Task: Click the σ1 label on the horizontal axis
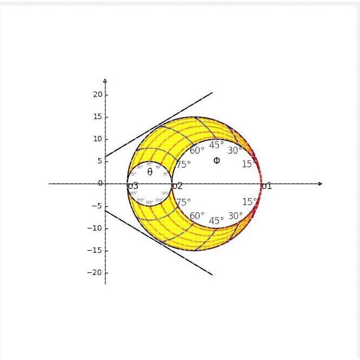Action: pyautogui.click(x=266, y=186)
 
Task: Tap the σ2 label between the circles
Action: pyautogui.click(x=177, y=186)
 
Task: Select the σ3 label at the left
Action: pyautogui.click(x=133, y=186)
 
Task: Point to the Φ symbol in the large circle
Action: pyautogui.click(x=217, y=160)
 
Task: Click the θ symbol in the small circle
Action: pyautogui.click(x=150, y=172)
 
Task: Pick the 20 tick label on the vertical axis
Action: pyautogui.click(x=97, y=95)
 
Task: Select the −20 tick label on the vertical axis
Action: pyautogui.click(x=95, y=273)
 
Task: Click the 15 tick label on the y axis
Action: pyautogui.click(x=97, y=117)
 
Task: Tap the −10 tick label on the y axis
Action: pyautogui.click(x=95, y=228)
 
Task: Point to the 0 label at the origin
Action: pyautogui.click(x=100, y=184)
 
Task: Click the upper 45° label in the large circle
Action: pyautogui.click(x=217, y=145)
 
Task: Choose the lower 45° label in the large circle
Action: pyautogui.click(x=217, y=221)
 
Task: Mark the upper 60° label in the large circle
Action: pyautogui.click(x=197, y=150)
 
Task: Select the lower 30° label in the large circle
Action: pyautogui.click(x=235, y=216)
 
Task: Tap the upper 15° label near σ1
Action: pyautogui.click(x=249, y=164)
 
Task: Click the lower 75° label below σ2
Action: pyautogui.click(x=184, y=202)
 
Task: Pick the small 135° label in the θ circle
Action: pyautogui.click(x=149, y=202)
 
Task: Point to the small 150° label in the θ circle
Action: pyautogui.click(x=140, y=200)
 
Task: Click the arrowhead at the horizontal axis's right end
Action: pyautogui.click(x=320, y=184)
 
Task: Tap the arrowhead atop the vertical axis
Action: pyautogui.click(x=105, y=81)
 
